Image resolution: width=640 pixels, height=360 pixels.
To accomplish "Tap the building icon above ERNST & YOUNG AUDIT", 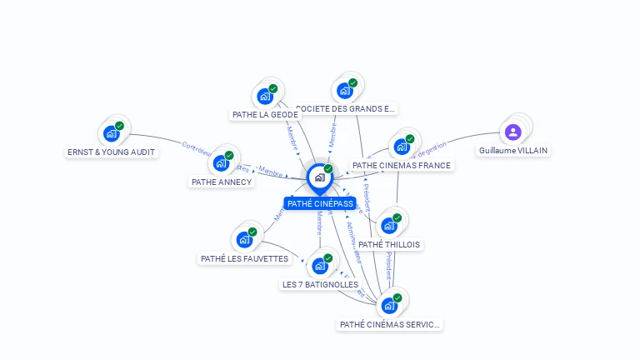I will click(x=111, y=132).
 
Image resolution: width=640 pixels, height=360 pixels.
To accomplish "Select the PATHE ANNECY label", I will click(x=222, y=182).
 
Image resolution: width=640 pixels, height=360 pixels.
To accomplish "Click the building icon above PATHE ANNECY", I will click(x=222, y=162).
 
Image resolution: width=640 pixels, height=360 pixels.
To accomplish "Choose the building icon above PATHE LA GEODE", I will click(x=265, y=95).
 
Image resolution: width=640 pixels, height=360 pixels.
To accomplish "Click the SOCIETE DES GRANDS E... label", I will click(x=347, y=108).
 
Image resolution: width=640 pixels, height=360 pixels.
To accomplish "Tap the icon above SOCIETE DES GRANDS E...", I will click(x=344, y=90).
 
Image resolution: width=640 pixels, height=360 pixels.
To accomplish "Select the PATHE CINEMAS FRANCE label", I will click(x=402, y=165).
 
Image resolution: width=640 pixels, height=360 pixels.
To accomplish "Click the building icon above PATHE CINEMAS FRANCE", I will click(x=402, y=146).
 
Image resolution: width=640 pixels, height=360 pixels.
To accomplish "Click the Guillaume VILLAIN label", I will click(x=514, y=151).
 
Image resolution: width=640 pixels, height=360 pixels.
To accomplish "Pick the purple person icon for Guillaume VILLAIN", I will click(x=513, y=132).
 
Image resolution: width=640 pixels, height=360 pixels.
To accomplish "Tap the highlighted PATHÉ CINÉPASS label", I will click(x=320, y=203).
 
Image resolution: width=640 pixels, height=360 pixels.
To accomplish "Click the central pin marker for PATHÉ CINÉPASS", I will click(x=319, y=177).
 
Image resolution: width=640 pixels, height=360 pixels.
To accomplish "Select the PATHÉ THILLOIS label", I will click(x=389, y=244).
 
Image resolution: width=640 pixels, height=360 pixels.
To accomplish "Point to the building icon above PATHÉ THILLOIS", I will click(x=388, y=225).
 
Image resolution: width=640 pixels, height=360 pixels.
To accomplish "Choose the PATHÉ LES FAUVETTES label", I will click(x=244, y=258).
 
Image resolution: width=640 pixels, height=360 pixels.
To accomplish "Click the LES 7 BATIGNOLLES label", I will click(x=320, y=284).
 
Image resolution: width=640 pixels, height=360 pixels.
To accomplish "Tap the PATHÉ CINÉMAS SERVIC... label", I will click(x=390, y=324).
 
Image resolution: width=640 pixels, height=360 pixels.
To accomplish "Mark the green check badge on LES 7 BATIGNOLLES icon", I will click(x=328, y=257).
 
